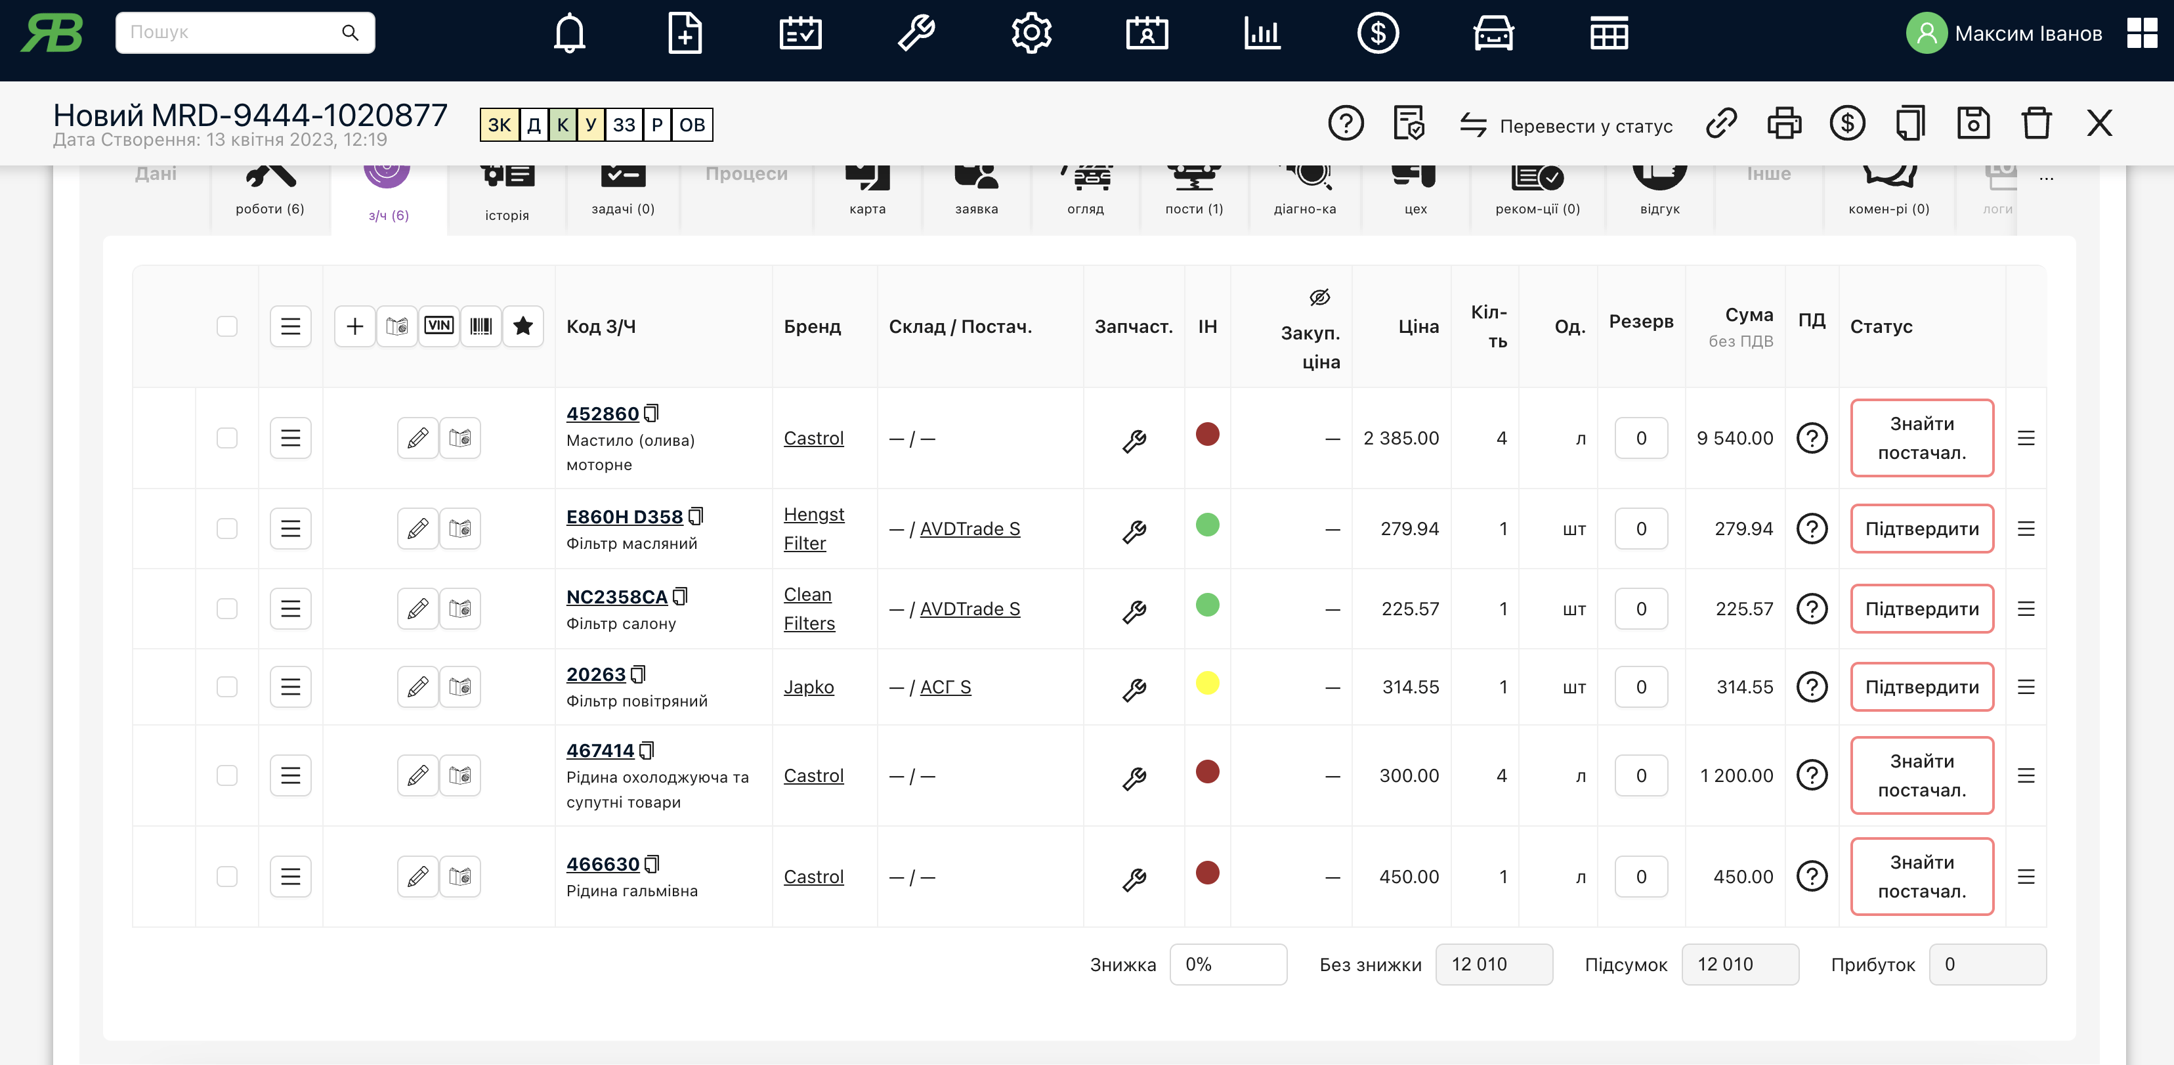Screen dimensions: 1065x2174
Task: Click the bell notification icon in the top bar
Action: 570,33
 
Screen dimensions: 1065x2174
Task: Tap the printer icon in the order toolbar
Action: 1784,124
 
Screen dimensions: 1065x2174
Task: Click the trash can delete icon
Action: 2035,124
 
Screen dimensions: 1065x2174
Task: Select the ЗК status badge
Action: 499,125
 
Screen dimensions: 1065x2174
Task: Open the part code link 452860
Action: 603,414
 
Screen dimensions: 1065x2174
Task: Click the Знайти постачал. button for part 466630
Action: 1922,877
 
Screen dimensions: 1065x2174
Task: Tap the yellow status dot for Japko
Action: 1207,683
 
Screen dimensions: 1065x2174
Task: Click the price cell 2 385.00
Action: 1401,438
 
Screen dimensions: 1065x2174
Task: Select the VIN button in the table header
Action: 439,326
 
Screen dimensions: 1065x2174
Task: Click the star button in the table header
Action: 523,326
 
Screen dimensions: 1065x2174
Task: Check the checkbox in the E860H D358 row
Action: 227,529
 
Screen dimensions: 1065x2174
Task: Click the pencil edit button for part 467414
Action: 417,775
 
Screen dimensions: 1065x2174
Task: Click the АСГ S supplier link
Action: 945,687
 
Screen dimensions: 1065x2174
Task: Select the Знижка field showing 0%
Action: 1228,965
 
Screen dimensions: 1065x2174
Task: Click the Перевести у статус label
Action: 1585,126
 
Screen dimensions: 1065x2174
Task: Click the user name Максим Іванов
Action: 2028,33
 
